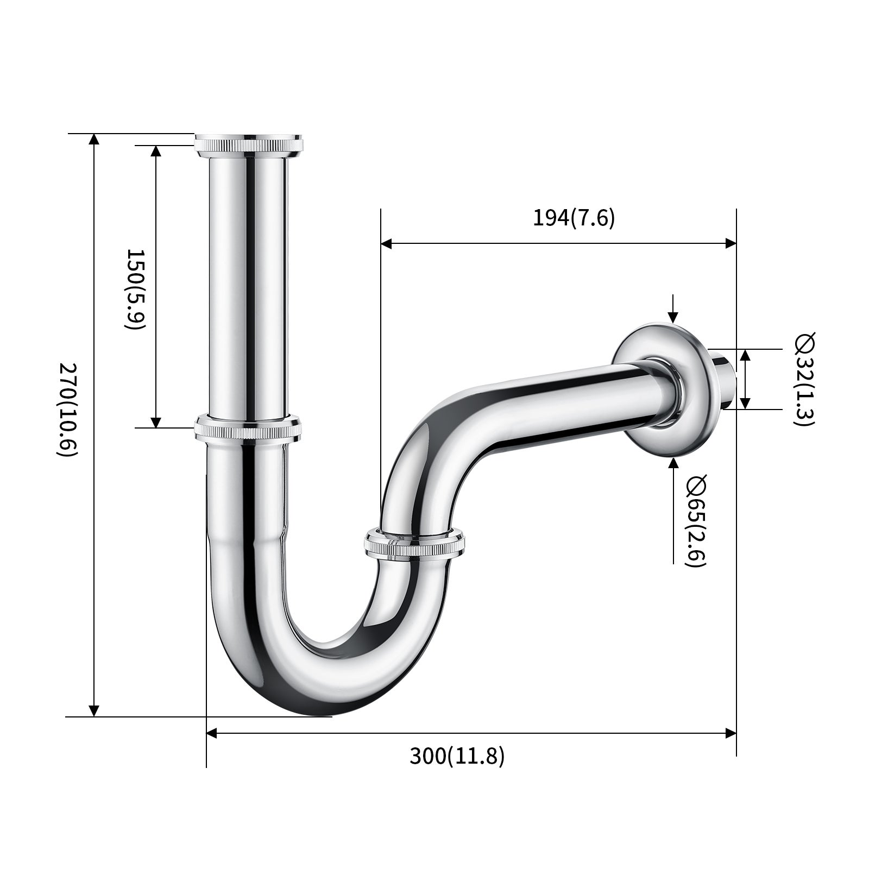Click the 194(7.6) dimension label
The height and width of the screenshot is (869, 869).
574,218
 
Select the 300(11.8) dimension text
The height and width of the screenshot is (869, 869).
457,756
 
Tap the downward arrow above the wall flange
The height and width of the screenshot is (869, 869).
673,317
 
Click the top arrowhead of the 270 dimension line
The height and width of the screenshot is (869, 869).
94,140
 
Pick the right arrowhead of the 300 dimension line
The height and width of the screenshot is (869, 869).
731,733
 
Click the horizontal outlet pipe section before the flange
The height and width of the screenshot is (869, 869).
570,402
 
